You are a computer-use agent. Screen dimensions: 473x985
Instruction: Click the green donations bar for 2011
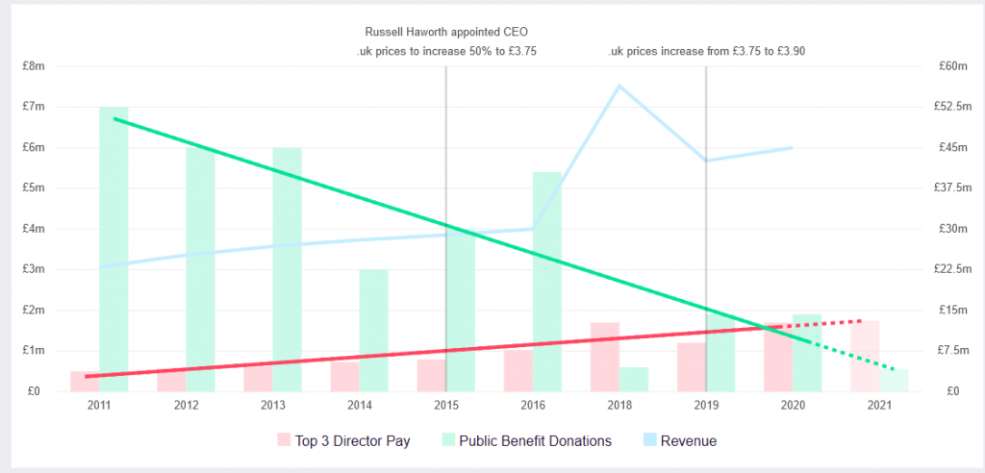114,249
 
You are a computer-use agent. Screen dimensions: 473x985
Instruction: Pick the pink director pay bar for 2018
604,357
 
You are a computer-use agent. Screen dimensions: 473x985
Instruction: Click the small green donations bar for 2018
633,379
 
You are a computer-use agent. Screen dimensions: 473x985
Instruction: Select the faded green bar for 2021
894,380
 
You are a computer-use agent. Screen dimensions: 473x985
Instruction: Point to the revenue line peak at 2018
619,86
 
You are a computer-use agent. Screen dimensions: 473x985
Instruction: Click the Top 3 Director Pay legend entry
352,440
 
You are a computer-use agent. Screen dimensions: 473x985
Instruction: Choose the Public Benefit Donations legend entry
535,440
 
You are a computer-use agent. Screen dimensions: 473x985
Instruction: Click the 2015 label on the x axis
446,406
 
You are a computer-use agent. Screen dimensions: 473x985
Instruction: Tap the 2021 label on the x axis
879,406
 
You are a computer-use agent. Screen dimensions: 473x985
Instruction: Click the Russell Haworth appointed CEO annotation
447,32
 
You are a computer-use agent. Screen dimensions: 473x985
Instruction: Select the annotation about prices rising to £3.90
706,51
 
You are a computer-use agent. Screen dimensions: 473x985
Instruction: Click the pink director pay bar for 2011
85,381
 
